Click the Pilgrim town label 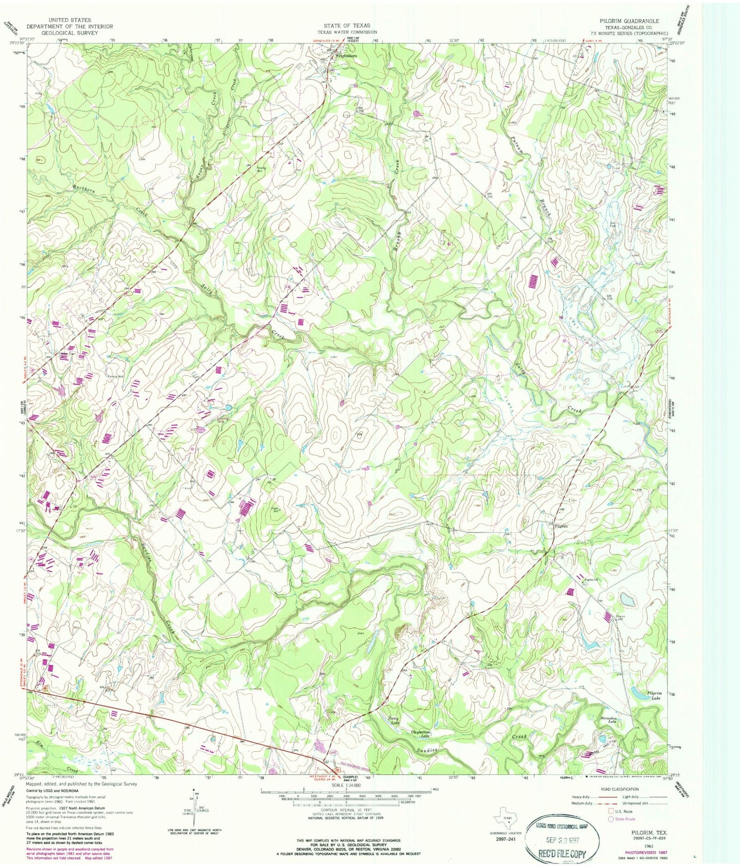tap(561, 526)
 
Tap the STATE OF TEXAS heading tap(347, 25)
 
